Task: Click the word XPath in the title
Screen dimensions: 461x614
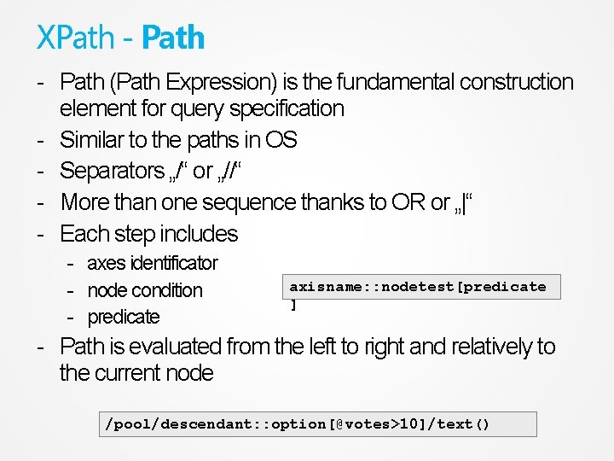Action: [75, 38]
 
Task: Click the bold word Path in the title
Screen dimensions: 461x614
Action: [173, 38]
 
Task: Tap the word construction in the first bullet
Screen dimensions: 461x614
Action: [517, 82]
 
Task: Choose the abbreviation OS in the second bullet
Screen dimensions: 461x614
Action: [281, 140]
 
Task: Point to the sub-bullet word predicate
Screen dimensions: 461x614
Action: [124, 317]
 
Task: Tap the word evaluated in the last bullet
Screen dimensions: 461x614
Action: [176, 347]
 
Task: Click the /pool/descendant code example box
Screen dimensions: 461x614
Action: [316, 424]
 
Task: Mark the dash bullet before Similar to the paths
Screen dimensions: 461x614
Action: [41, 140]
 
